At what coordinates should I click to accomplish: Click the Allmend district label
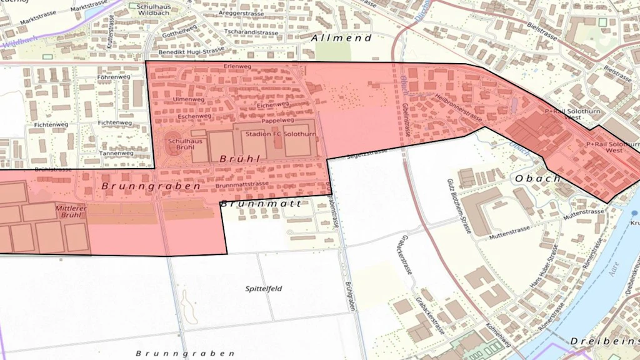[341, 38]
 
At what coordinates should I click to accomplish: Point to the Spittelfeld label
[263, 289]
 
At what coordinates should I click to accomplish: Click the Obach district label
[537, 179]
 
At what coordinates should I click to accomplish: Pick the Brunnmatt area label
[261, 204]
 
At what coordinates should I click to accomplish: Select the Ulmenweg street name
[189, 99]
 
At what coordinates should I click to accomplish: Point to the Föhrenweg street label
[114, 77]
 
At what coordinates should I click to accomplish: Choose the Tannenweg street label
[116, 153]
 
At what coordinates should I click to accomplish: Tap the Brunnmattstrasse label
[242, 185]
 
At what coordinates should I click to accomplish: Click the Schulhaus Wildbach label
[154, 8]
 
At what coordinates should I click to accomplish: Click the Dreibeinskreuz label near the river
[603, 341]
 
